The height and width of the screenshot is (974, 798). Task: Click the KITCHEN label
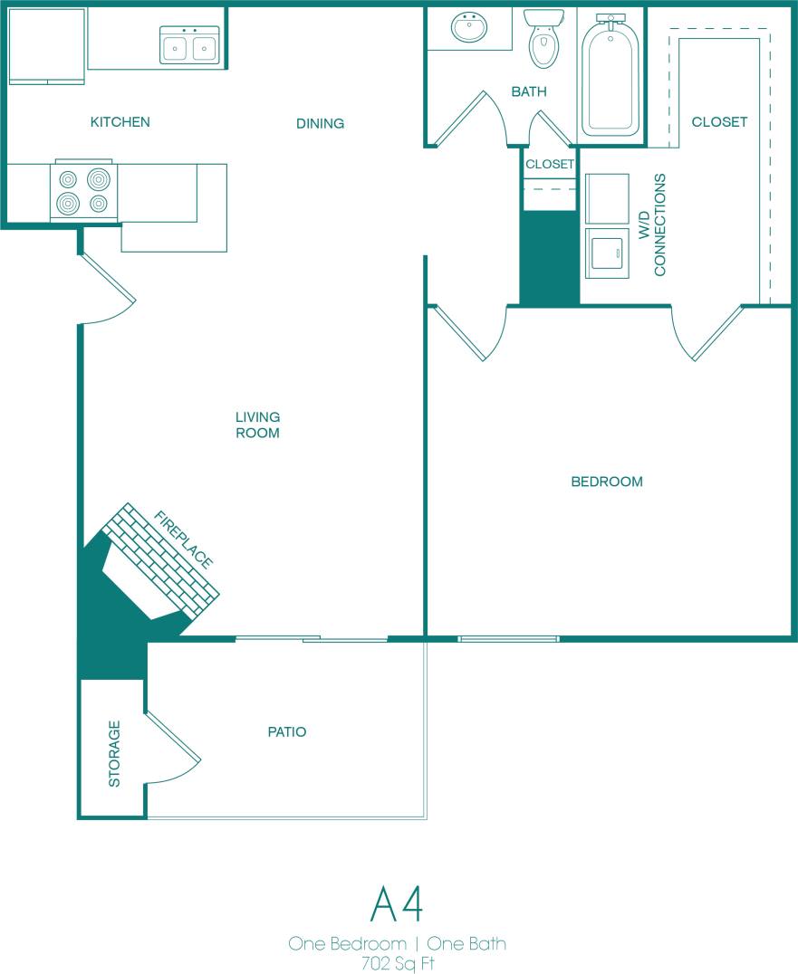120,122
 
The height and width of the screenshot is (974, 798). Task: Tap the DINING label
320,123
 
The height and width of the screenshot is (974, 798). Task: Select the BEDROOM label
606,482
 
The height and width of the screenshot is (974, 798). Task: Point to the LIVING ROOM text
257,425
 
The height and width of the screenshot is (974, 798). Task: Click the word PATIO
286,731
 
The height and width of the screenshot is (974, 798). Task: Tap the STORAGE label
114,753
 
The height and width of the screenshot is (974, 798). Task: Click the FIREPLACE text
184,540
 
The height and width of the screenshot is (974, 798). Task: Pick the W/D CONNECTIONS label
651,225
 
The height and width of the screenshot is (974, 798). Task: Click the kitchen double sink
189,45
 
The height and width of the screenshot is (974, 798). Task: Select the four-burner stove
83,191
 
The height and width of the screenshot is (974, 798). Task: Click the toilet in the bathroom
543,41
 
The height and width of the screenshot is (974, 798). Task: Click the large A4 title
397,902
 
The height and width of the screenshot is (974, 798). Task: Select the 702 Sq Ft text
397,962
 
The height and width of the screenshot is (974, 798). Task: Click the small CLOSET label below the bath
550,164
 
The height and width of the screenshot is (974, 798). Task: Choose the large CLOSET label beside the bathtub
719,121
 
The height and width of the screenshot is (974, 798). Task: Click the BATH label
529,91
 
